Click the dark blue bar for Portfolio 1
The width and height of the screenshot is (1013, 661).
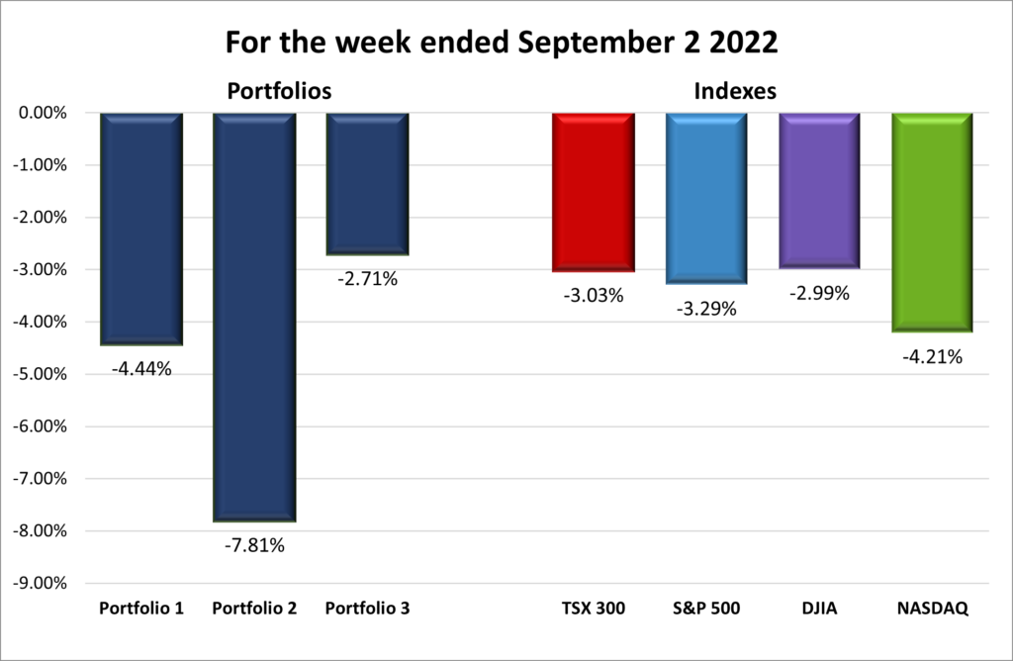(x=141, y=228)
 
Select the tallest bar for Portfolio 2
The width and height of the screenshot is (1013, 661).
(x=254, y=317)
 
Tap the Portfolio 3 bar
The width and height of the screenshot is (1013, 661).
(x=367, y=184)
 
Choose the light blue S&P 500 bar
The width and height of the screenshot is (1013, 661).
(x=706, y=198)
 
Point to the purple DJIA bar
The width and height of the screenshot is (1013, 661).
(x=819, y=190)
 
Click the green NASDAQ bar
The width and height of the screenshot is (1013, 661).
(x=932, y=223)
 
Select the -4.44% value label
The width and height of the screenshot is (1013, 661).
(x=141, y=369)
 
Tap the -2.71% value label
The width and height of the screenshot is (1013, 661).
(x=367, y=279)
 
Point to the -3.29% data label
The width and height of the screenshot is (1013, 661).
(x=706, y=309)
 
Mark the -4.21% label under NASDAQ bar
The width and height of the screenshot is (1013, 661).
(x=932, y=356)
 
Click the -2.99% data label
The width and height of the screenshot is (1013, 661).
(x=819, y=293)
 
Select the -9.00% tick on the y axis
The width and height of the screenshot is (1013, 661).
(x=40, y=583)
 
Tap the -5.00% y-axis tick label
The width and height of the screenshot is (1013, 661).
(x=40, y=374)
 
